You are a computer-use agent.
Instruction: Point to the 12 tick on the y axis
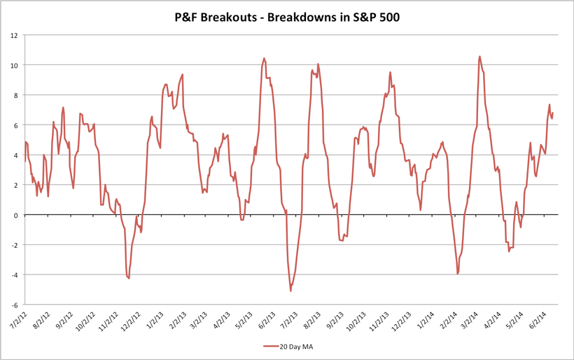click(x=15, y=35)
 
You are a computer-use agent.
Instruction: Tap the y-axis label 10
click(x=15, y=65)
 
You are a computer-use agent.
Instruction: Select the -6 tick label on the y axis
click(x=15, y=305)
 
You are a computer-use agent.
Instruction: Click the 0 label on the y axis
click(x=17, y=215)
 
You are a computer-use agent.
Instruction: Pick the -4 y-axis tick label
click(x=15, y=275)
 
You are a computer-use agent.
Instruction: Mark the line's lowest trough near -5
click(x=290, y=291)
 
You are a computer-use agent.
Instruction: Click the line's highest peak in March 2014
click(x=479, y=56)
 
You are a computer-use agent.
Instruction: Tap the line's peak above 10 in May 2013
click(x=264, y=58)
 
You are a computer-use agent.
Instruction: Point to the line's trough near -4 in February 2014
click(x=457, y=274)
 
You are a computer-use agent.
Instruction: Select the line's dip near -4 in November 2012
click(x=129, y=278)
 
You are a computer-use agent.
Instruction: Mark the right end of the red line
click(x=552, y=113)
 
